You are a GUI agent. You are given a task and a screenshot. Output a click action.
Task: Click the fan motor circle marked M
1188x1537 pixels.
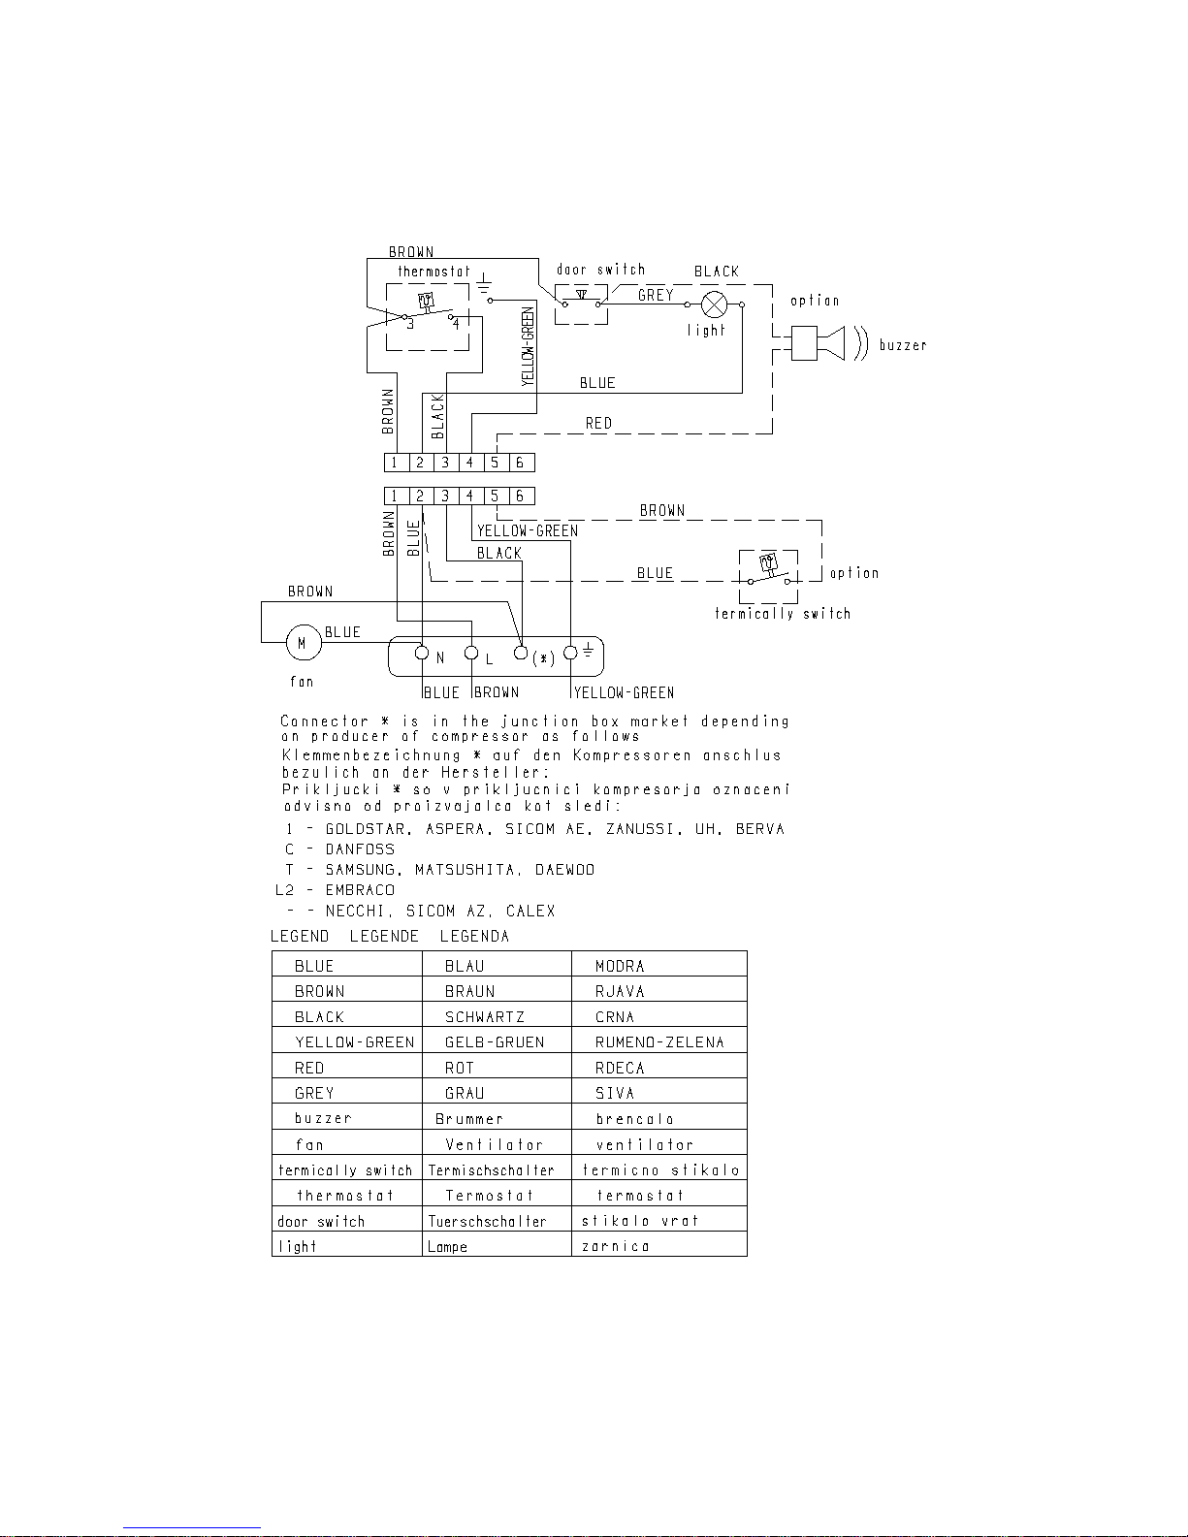pos(302,642)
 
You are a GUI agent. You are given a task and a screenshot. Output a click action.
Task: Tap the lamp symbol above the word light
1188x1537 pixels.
pos(714,304)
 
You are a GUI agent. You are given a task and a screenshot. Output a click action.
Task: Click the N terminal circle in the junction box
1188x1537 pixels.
pos(422,653)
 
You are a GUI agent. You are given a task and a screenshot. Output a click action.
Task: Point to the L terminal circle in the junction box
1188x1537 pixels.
pos(471,653)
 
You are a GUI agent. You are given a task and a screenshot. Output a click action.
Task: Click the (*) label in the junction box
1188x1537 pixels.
pos(543,658)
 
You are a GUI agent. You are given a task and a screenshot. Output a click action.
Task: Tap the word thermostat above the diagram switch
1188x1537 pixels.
pos(433,272)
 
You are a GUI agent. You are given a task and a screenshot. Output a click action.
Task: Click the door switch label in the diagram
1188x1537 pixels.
pos(600,270)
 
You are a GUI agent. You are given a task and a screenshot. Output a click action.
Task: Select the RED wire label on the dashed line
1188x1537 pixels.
pos(598,423)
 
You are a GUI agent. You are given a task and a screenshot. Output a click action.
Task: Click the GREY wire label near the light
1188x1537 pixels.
pos(656,295)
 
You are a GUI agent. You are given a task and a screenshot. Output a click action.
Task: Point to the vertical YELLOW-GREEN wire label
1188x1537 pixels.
pos(528,346)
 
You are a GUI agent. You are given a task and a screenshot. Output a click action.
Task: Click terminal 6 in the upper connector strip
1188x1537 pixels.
pos(520,463)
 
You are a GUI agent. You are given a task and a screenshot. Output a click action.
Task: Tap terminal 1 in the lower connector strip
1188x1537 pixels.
pos(395,496)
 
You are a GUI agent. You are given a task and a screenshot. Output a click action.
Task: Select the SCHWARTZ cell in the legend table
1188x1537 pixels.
pos(484,1017)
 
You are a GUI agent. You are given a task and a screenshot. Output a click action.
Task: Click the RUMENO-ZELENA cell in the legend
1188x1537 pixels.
pos(659,1042)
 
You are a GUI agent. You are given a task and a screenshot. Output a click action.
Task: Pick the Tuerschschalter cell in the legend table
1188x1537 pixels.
pos(487,1221)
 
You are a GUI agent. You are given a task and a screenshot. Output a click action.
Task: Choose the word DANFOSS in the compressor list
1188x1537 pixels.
pos(360,849)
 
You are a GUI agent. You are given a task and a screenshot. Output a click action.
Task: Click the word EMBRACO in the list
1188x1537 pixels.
pos(360,890)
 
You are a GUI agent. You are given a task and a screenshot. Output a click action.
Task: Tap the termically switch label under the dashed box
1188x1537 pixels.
pos(783,614)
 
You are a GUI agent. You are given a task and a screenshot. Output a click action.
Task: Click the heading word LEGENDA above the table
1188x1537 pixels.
pos(474,937)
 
